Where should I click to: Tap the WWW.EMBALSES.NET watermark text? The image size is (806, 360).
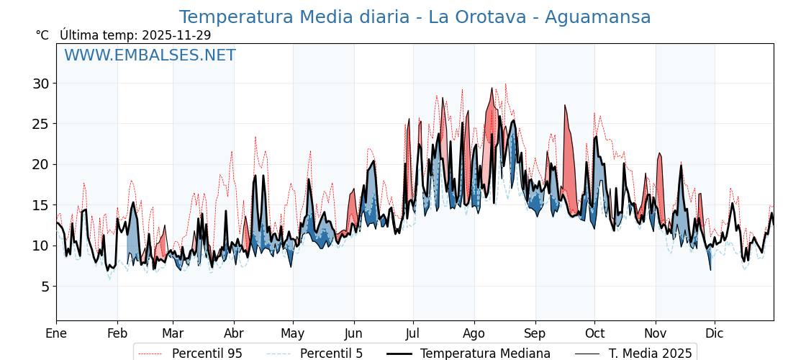(150, 55)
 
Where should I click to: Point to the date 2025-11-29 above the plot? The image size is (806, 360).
(176, 35)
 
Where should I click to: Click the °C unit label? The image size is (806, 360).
(42, 35)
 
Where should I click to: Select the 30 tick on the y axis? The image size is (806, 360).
(40, 84)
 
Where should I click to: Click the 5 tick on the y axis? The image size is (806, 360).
(45, 287)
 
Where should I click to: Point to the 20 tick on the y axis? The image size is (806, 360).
(40, 164)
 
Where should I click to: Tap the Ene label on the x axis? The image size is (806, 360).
(56, 334)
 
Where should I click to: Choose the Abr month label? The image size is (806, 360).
(234, 334)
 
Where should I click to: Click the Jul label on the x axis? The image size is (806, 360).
(413, 334)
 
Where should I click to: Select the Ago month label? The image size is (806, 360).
(474, 334)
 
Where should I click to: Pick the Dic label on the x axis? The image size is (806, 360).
(715, 334)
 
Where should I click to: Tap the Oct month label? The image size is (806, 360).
(594, 334)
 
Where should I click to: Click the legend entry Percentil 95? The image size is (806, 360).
(207, 354)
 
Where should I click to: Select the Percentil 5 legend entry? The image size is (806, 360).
(331, 354)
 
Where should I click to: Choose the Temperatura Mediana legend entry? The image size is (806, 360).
(485, 354)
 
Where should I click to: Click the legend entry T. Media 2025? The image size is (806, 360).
(650, 354)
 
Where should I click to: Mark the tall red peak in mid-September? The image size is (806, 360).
(566, 108)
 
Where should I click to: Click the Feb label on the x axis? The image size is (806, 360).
(117, 334)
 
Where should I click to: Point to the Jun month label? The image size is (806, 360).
(354, 334)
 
